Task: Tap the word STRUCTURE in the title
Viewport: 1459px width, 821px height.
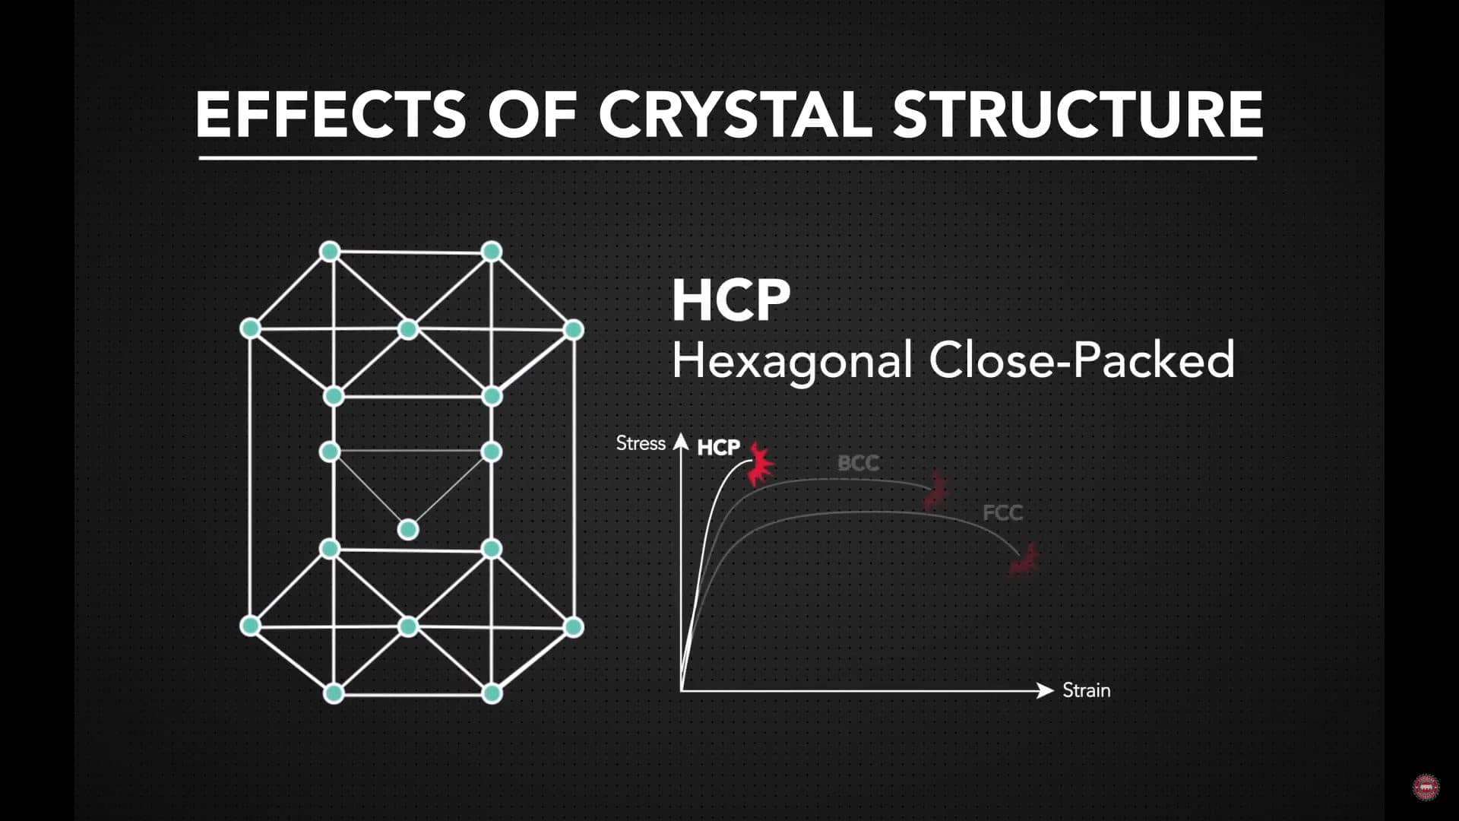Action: pyautogui.click(x=1078, y=114)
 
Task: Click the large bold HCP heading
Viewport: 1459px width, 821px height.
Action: pyautogui.click(x=731, y=301)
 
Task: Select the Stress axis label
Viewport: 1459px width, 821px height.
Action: pyautogui.click(x=641, y=443)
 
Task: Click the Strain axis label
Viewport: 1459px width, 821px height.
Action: pyautogui.click(x=1086, y=690)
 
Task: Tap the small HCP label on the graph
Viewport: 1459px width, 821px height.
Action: pyautogui.click(x=718, y=448)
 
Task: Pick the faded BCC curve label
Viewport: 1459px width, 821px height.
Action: pyautogui.click(x=858, y=463)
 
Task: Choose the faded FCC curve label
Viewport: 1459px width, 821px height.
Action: pyautogui.click(x=1002, y=513)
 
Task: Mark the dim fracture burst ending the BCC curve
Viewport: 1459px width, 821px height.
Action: pyautogui.click(x=936, y=490)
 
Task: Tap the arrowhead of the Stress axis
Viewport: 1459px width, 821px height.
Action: pyautogui.click(x=682, y=442)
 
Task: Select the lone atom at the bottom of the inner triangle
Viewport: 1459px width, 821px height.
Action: pyautogui.click(x=408, y=529)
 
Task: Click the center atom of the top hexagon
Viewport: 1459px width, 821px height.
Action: pyautogui.click(x=408, y=329)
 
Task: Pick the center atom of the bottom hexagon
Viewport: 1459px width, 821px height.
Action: pyautogui.click(x=408, y=626)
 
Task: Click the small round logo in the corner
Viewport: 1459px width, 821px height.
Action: pyautogui.click(x=1426, y=787)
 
